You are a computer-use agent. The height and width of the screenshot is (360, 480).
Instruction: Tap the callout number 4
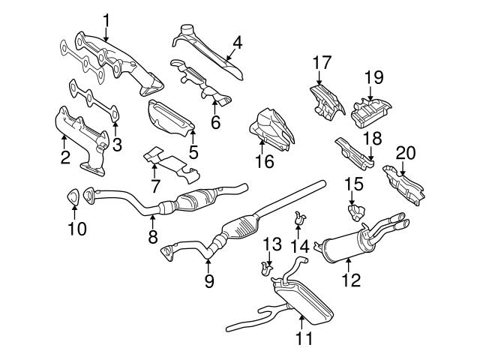pos(237,43)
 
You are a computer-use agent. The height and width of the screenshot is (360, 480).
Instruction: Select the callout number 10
pos(77,226)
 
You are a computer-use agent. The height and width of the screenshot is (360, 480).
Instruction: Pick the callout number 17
pos(322,64)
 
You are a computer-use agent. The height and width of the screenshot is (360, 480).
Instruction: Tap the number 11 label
pos(303,338)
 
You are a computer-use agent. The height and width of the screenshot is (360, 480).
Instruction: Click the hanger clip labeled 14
pos(302,218)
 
